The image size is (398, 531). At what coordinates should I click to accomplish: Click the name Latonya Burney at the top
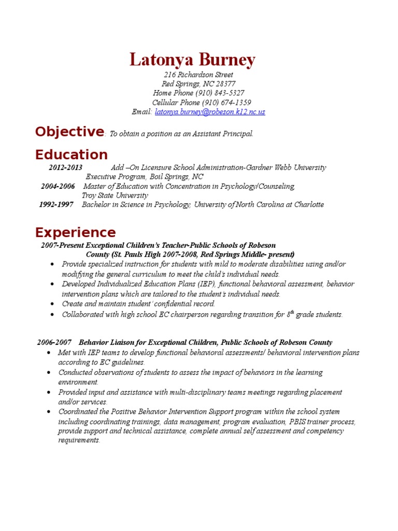pyautogui.click(x=192, y=60)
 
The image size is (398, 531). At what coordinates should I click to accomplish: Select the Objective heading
pyautogui.click(x=69, y=132)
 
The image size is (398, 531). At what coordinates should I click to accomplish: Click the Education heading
pyautogui.click(x=72, y=155)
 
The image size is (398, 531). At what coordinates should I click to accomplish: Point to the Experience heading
pyautogui.click(x=75, y=232)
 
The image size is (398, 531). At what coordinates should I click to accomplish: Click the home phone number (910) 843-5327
pyautogui.click(x=220, y=93)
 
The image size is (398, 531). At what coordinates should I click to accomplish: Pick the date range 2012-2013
pyautogui.click(x=65, y=167)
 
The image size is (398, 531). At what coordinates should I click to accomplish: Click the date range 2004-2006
pyautogui.click(x=58, y=186)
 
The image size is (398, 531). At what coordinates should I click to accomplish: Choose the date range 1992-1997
pyautogui.click(x=56, y=205)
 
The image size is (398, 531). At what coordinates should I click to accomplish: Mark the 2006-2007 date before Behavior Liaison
pyautogui.click(x=54, y=343)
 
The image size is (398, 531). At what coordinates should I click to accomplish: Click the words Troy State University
pyautogui.click(x=115, y=195)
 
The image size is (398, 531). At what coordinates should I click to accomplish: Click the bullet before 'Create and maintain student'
pyautogui.click(x=54, y=304)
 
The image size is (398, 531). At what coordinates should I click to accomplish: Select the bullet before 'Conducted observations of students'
pyautogui.click(x=48, y=373)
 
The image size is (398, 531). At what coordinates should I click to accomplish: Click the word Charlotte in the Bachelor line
pyautogui.click(x=309, y=205)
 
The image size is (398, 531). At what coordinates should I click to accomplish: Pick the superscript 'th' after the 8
pyautogui.click(x=293, y=312)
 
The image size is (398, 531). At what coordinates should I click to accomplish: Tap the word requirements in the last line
pyautogui.click(x=78, y=440)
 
